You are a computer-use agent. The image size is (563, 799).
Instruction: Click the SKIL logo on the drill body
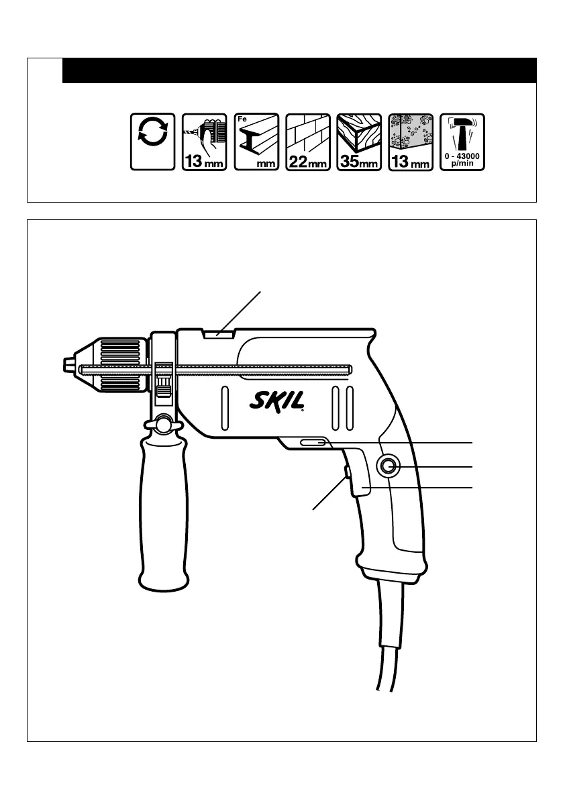277,401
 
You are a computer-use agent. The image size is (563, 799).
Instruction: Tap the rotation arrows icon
153,142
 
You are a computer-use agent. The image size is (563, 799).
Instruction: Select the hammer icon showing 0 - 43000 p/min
462,142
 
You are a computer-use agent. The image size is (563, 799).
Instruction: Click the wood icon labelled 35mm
359,142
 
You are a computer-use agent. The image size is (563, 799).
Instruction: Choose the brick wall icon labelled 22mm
308,142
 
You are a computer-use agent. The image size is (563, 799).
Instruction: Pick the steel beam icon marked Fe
256,142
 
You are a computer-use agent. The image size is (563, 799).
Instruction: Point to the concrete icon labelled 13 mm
411,142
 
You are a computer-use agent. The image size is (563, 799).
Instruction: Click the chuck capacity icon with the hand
204,142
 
